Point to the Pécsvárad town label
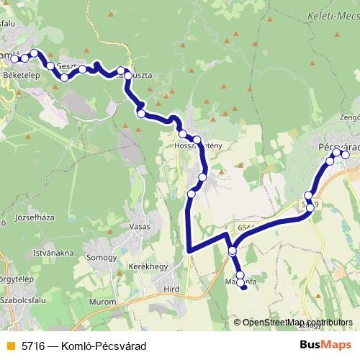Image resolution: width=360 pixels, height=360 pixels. point(337,145)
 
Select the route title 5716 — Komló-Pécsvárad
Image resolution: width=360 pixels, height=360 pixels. point(84,346)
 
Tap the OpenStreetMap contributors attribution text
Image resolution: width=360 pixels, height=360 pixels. point(297,322)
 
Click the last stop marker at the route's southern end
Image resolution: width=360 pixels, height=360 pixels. point(243,287)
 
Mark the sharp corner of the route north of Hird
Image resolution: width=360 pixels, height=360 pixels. point(189,251)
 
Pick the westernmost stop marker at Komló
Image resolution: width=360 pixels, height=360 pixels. point(14,57)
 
